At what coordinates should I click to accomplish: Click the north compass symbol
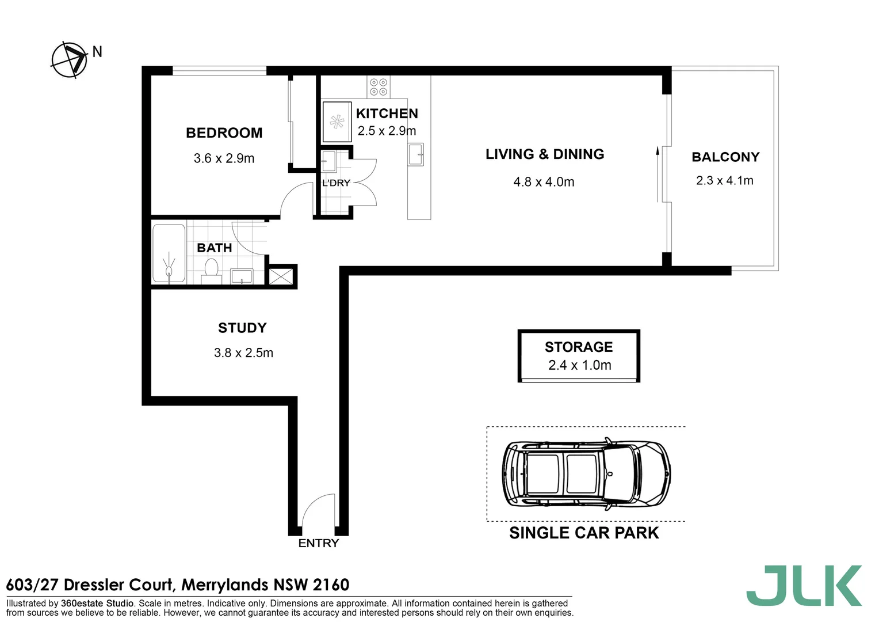[70, 59]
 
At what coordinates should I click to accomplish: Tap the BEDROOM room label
[224, 133]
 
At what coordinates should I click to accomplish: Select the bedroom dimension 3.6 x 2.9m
[224, 158]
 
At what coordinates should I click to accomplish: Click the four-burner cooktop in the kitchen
[378, 87]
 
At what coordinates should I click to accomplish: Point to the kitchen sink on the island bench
[415, 155]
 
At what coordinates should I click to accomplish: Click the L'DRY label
[336, 183]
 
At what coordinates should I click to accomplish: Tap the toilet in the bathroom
[211, 271]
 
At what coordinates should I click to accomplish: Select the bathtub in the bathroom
[169, 253]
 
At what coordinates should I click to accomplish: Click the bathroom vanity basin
[242, 276]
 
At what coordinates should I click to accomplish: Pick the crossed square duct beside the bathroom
[281, 276]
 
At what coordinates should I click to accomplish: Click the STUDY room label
[242, 328]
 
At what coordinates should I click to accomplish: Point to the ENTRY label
[319, 543]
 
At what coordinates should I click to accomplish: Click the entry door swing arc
[318, 510]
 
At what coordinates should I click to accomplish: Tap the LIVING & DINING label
[545, 154]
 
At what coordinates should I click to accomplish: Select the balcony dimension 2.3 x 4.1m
[724, 181]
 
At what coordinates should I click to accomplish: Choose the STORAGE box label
[579, 347]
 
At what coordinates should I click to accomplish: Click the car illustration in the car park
[586, 474]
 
